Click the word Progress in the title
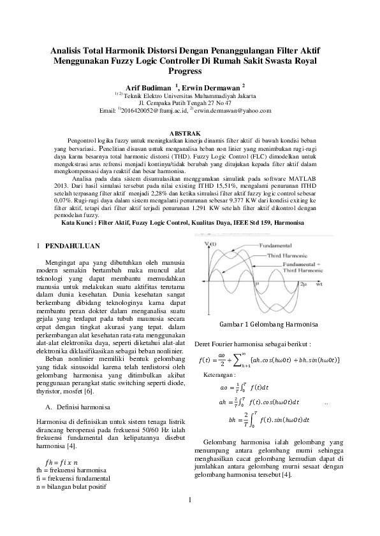pyautogui.click(x=189, y=71)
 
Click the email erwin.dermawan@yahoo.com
pyautogui.click(x=238, y=111)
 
